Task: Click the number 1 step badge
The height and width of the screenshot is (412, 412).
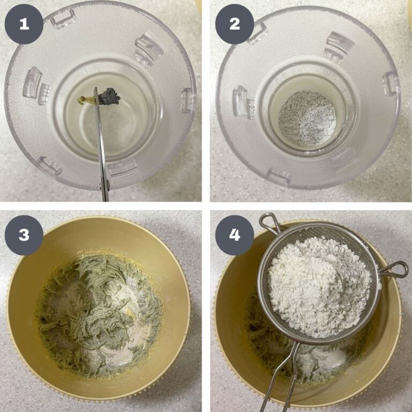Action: [24, 24]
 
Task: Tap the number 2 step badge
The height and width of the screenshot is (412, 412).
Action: [234, 24]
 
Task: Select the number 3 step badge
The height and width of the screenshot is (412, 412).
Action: [24, 234]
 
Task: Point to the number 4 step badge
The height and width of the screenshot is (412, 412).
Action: [234, 234]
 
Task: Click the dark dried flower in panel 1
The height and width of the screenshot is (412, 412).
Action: [109, 96]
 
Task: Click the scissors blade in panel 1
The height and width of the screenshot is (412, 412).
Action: [101, 142]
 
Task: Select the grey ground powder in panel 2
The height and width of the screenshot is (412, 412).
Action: [307, 118]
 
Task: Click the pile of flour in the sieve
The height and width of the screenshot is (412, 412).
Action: [319, 285]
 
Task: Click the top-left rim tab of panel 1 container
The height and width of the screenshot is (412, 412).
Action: [63, 18]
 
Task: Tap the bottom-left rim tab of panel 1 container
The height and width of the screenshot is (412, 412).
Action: [49, 166]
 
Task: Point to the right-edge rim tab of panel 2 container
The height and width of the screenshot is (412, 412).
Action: [391, 84]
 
